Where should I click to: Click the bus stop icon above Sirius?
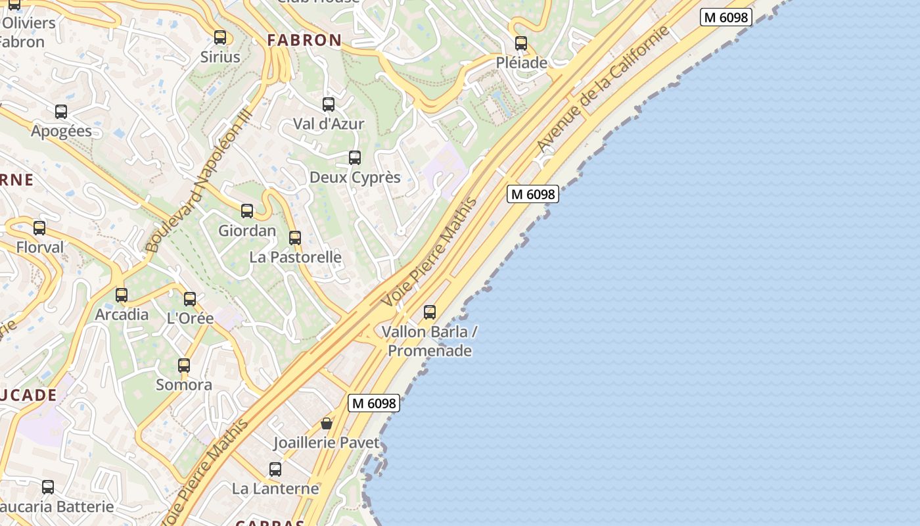(x=220, y=37)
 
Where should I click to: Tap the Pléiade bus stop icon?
(x=521, y=43)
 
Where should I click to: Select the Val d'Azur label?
(x=329, y=124)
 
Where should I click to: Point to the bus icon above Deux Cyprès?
(x=355, y=158)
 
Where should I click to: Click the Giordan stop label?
(x=247, y=231)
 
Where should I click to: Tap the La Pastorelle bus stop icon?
(x=295, y=238)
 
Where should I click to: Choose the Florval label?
(x=40, y=248)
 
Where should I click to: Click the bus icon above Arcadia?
(x=122, y=295)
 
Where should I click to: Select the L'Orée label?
(x=190, y=318)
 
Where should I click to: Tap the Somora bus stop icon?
(x=184, y=366)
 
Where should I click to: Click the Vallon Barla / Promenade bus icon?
(x=430, y=312)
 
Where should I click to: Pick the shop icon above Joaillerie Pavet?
(x=327, y=423)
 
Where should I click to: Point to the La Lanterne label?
(x=275, y=489)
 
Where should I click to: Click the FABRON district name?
(x=304, y=40)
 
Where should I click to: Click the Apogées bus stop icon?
(x=61, y=112)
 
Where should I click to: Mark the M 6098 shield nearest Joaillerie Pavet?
(x=374, y=404)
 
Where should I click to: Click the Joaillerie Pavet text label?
(x=327, y=443)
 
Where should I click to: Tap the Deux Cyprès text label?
(x=355, y=178)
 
